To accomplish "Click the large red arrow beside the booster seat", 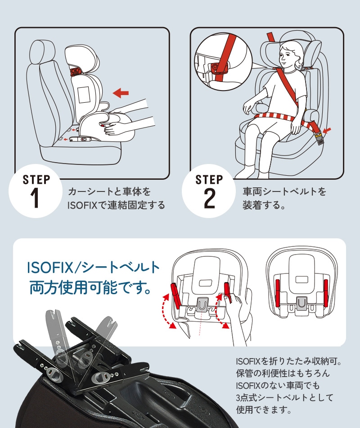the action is click(x=121, y=93).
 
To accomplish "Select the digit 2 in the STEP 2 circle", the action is click(x=209, y=198).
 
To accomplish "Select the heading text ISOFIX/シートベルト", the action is click(x=93, y=268).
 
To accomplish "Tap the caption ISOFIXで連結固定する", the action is click(x=116, y=205).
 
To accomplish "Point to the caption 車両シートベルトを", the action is click(x=284, y=191).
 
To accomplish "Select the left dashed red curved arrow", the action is click(x=166, y=310).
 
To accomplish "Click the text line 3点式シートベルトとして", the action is click(x=284, y=397).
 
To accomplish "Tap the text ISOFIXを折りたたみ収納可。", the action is click(x=289, y=361).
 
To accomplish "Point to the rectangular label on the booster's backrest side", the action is click(x=84, y=95).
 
